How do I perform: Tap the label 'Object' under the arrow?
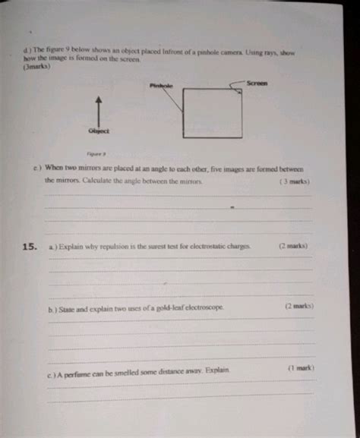99,131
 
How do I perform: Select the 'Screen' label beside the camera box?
257,83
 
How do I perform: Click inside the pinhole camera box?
213,113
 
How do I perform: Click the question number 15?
30,247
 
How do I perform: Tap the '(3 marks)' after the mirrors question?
294,182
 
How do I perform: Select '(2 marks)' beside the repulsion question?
292,246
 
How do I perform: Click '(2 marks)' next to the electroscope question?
299,307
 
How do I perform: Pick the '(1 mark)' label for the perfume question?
301,367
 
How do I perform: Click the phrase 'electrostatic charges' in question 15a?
220,247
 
